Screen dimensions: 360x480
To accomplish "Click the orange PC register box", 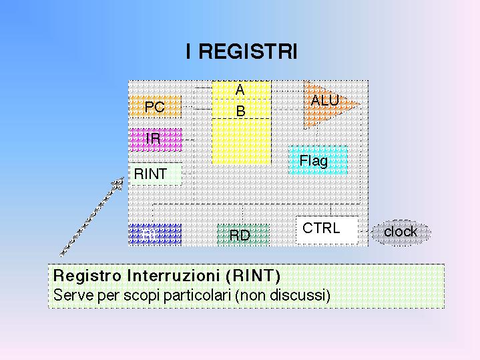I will tap(155, 106).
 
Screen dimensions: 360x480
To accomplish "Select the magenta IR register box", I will tap(155, 139).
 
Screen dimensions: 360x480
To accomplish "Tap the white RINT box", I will tap(154, 174).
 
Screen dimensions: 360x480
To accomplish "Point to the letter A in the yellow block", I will tap(240, 89).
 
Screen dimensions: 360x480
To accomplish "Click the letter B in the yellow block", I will tap(241, 111).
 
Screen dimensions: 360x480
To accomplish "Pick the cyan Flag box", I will tap(317, 160).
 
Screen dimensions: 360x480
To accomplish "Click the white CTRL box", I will tap(326, 228).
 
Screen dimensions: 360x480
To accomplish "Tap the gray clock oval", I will tap(401, 232).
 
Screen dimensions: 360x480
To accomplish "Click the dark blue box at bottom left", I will tap(154, 234).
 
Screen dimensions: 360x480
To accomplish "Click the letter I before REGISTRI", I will tap(190, 52).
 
